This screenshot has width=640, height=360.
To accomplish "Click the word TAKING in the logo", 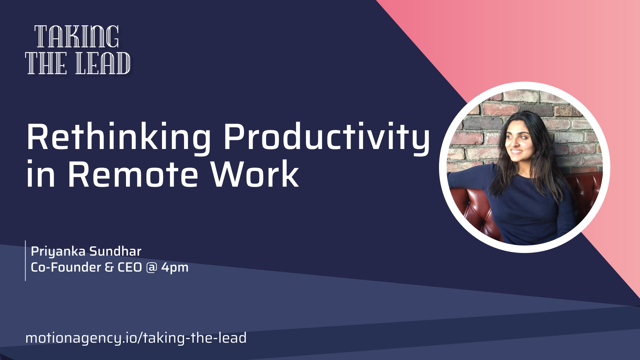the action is click(77, 37).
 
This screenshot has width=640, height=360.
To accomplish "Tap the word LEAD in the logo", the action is click(103, 63).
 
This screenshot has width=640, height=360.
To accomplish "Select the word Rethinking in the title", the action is click(119, 138).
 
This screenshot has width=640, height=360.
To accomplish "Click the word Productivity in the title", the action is click(327, 138).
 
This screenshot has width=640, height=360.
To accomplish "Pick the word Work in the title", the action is click(255, 174).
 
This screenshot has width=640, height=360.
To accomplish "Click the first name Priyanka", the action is click(58, 252).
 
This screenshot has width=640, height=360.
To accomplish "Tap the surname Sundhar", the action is click(115, 251).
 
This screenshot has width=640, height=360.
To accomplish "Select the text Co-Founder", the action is click(66, 267).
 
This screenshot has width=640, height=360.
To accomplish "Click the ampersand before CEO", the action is click(109, 267).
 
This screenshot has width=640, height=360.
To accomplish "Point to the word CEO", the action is click(130, 267).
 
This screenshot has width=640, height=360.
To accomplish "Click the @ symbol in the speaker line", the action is click(152, 268).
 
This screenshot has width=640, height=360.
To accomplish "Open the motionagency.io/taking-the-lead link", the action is click(136, 338).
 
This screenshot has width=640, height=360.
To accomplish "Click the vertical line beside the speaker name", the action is click(25, 261).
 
